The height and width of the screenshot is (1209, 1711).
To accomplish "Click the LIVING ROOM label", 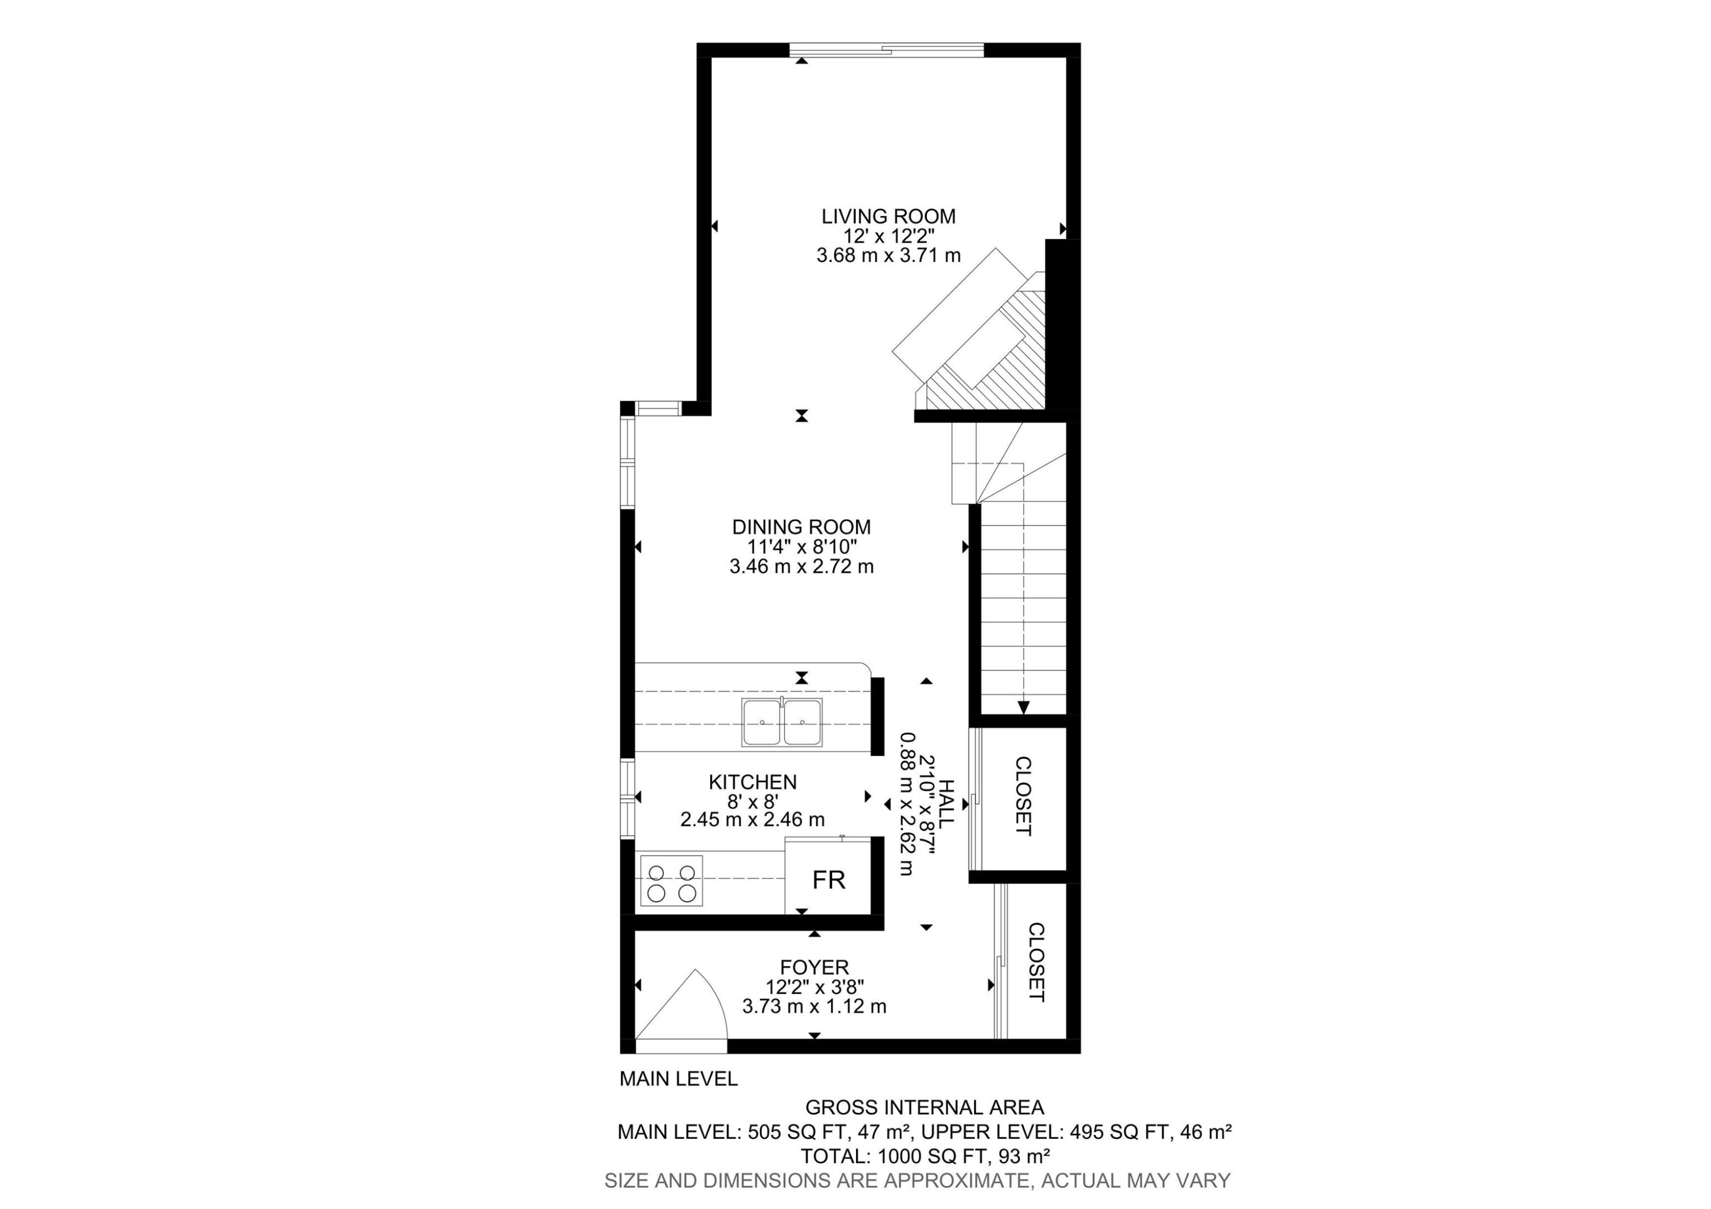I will click(888, 216).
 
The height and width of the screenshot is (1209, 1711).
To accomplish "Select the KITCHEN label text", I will click(753, 782).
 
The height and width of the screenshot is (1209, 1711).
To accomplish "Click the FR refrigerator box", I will click(829, 880).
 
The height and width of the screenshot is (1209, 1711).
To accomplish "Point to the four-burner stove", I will click(671, 884).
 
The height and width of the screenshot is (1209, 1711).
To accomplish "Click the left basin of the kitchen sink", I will click(761, 722).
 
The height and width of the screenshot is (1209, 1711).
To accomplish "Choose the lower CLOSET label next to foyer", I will click(1036, 963).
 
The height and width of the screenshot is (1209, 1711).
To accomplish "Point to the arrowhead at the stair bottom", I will click(1023, 707).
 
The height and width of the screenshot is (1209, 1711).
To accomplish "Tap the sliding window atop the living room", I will click(887, 50).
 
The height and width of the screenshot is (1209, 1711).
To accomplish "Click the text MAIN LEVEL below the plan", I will click(678, 1078).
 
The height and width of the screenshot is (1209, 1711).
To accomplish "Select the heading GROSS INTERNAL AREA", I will click(924, 1107).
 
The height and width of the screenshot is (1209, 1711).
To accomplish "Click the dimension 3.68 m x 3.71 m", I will click(888, 256).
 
